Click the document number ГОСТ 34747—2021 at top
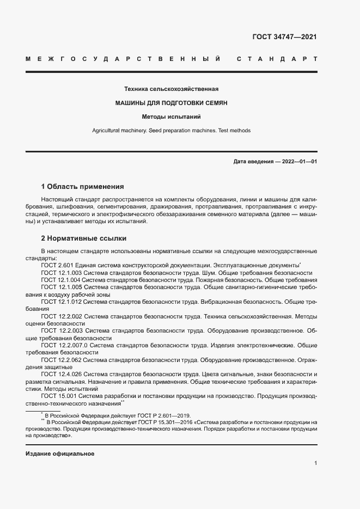point(284,38)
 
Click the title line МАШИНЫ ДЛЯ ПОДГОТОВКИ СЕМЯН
point(171,102)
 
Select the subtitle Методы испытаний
point(171,116)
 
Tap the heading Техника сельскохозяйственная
point(171,89)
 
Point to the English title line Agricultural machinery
point(171,131)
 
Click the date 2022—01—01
point(298,162)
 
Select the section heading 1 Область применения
point(82,186)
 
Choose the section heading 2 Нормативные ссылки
point(83,238)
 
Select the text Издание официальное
point(60,454)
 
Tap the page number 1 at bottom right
point(315,463)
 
